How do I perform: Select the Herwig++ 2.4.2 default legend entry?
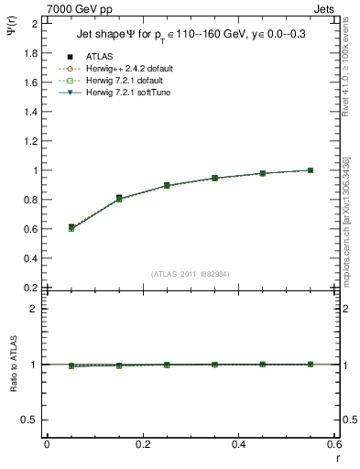tap(128, 69)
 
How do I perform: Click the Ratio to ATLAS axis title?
tap(13, 365)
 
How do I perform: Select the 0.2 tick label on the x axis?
tap(142, 444)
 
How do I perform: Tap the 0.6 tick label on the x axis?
tap(333, 444)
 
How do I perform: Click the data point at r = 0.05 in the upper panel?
tap(71, 226)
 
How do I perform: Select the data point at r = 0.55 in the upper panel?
tap(311, 170)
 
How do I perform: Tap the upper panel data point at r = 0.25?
tap(167, 185)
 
